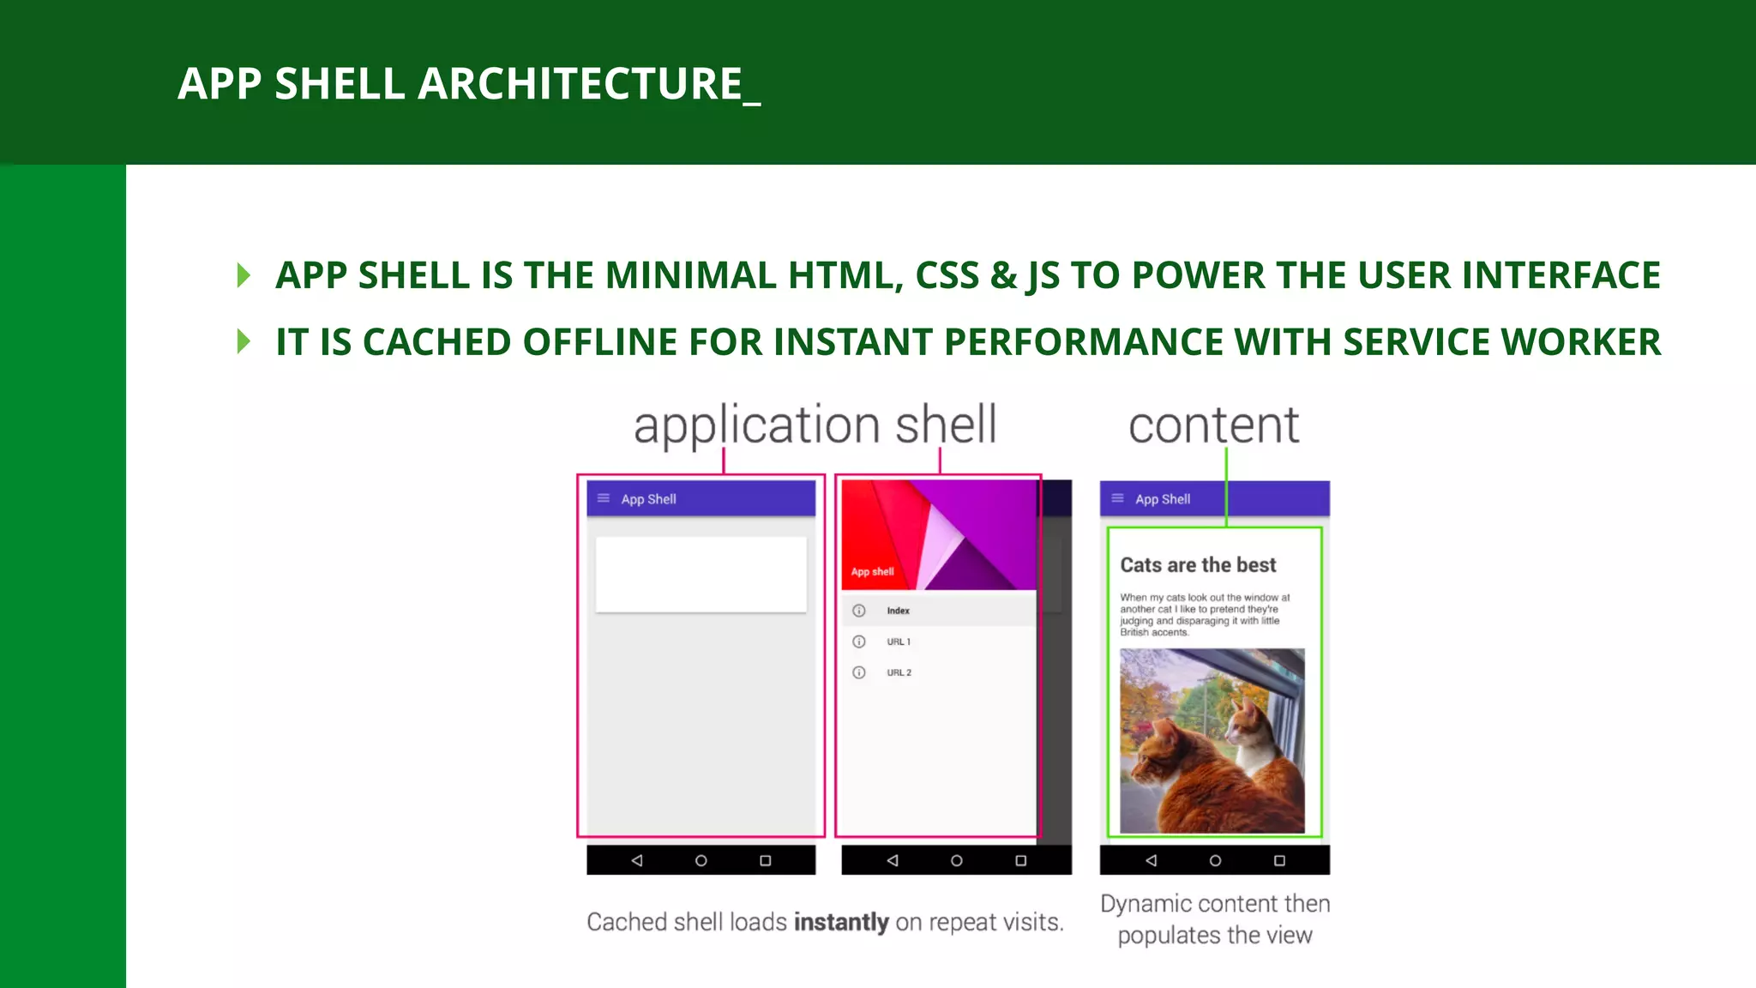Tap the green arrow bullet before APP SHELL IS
click(244, 275)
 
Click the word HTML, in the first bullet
click(845, 275)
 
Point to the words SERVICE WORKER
click(1501, 342)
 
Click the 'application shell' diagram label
click(815, 425)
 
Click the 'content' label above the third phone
click(1213, 425)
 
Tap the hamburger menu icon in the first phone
click(604, 498)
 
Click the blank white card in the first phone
click(701, 574)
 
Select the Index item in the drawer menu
click(898, 611)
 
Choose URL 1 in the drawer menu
click(899, 642)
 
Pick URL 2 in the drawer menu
click(899, 672)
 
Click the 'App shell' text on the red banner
click(872, 571)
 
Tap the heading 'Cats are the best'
click(1198, 565)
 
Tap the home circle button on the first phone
click(701, 860)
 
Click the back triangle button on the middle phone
click(893, 860)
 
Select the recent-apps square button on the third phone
click(1279, 860)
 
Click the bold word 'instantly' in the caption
click(841, 922)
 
